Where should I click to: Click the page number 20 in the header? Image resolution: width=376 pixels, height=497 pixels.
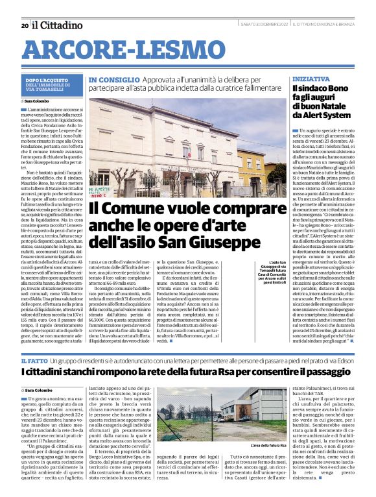24,25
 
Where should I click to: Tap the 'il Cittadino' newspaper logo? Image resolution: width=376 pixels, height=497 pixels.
58,25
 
